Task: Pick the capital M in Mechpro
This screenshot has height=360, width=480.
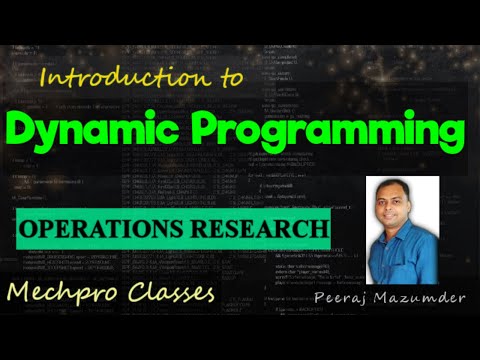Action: (x=19, y=294)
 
